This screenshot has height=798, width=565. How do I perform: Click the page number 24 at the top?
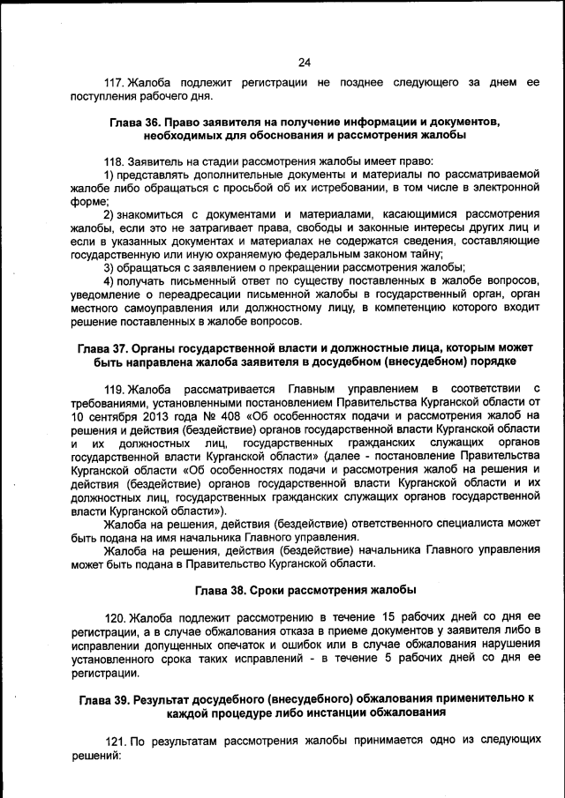pyautogui.click(x=304, y=62)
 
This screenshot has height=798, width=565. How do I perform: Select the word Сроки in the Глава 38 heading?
pyautogui.click(x=279, y=589)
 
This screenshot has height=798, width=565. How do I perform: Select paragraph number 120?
pyautogui.click(x=117, y=615)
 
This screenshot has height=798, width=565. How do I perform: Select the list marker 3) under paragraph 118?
pyautogui.click(x=109, y=267)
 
